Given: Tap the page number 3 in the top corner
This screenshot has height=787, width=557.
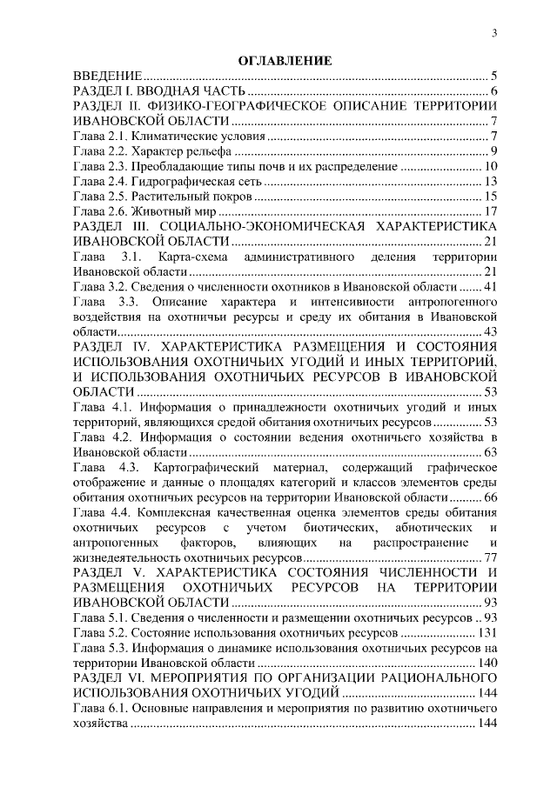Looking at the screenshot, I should [493, 33].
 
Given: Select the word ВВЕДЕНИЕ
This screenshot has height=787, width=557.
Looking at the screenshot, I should [107, 77].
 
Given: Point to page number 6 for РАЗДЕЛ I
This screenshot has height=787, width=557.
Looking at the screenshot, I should [493, 91].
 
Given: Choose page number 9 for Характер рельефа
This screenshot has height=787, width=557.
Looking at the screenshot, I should [493, 151].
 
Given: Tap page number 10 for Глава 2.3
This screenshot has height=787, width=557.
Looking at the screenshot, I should [489, 166].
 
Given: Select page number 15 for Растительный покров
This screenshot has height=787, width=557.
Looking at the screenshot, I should [489, 197].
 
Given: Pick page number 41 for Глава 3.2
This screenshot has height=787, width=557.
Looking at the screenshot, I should [489, 287].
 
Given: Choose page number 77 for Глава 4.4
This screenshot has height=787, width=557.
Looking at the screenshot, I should [489, 557].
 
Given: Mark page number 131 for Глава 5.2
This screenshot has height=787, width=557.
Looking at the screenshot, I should [486, 632].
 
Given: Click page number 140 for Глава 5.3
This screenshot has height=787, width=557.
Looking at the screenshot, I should [486, 663].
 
